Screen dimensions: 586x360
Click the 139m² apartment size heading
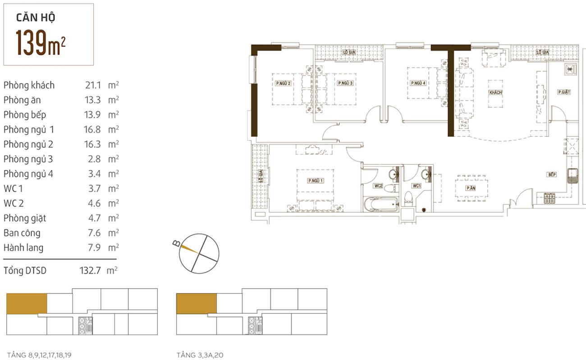[41, 42]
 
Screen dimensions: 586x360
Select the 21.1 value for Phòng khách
[93, 85]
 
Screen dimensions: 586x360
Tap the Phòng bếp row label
[25, 115]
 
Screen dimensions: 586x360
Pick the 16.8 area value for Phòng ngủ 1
[92, 129]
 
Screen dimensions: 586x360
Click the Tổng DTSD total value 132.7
[90, 271]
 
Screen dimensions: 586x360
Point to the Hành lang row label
[23, 248]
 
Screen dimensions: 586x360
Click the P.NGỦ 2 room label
[283, 83]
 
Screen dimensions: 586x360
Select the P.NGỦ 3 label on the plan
[345, 83]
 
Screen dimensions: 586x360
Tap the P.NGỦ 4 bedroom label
[418, 83]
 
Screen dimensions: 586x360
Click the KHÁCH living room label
[495, 92]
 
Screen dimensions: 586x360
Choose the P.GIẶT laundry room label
[564, 92]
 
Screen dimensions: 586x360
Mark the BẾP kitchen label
[552, 175]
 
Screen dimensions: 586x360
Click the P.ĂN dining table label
[471, 188]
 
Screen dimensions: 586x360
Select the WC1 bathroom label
[417, 185]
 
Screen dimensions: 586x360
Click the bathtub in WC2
[381, 204]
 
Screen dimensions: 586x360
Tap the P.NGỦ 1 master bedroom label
[315, 180]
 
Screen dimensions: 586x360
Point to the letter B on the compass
[176, 244]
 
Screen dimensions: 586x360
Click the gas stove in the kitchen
[549, 198]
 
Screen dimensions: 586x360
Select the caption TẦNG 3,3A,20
[200, 355]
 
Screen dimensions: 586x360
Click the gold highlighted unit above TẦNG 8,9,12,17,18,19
[27, 304]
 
